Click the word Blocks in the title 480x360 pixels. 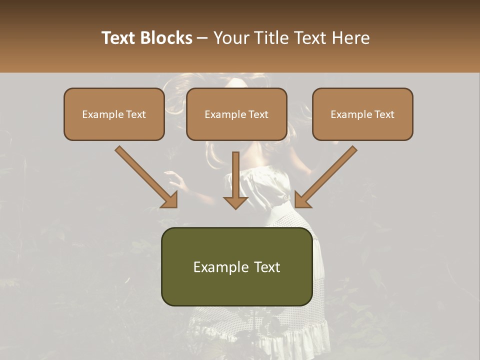pos(167,38)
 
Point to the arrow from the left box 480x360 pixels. pos(145,175)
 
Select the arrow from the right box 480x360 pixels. pos(327,175)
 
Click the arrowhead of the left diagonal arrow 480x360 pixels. pos(170,199)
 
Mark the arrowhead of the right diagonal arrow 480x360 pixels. pos(302,199)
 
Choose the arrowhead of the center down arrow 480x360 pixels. pos(235,202)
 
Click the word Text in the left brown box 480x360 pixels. pos(136,114)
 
